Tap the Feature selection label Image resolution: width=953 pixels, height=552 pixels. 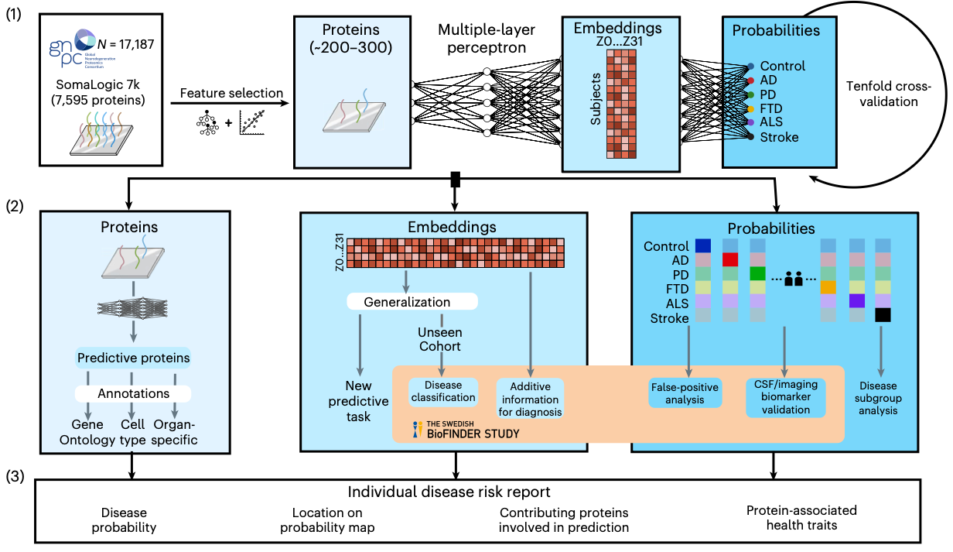click(231, 94)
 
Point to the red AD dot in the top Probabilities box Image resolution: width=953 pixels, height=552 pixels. click(751, 81)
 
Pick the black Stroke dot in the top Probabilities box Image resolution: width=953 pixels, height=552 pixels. click(751, 137)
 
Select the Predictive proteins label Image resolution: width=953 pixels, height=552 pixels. click(132, 358)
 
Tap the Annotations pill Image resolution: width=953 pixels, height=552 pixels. click(132, 393)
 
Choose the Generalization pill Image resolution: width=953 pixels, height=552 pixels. click(412, 301)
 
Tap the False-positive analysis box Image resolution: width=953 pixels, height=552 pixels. click(685, 393)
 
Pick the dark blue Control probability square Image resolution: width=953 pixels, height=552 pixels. click(703, 245)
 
